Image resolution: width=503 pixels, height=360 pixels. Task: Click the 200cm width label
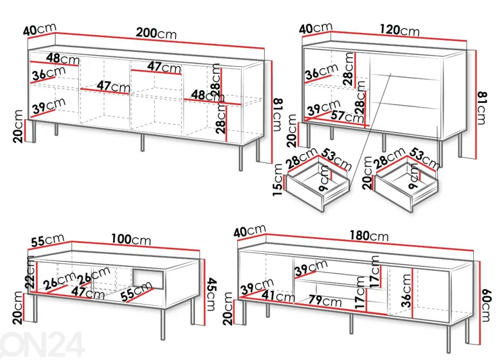pos(156,33)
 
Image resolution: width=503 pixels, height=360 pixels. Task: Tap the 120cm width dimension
pos(400,30)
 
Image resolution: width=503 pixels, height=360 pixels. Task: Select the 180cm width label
pos(369,236)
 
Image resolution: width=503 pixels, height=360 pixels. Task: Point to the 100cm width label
pos(131,239)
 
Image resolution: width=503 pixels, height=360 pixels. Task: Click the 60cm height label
pos(485,305)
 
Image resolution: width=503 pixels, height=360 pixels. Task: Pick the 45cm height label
pos(211,294)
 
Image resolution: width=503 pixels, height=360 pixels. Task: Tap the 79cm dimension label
pos(325,301)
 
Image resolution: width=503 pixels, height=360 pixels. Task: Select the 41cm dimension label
pos(278,295)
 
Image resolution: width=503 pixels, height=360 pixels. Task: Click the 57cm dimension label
pos(347,116)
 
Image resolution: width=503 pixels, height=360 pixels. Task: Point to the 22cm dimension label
pos(31,272)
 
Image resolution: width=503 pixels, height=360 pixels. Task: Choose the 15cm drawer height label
pos(278,180)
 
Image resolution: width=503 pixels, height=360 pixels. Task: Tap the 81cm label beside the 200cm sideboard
pos(278,115)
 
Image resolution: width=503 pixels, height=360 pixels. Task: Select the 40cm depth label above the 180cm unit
pos(250,231)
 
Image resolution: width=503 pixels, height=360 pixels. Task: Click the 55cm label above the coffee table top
pos(47,241)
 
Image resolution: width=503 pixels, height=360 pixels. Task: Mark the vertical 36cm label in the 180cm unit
pos(406,291)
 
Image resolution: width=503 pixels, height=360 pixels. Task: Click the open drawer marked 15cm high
pos(317,185)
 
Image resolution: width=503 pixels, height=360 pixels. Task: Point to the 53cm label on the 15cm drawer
pos(337,159)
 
